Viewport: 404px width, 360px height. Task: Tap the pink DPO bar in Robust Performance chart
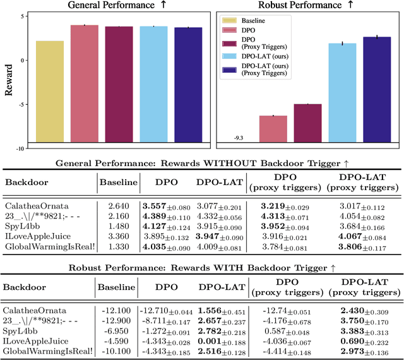[x=273, y=130]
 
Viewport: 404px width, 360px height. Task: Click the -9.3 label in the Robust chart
[x=239, y=137]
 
